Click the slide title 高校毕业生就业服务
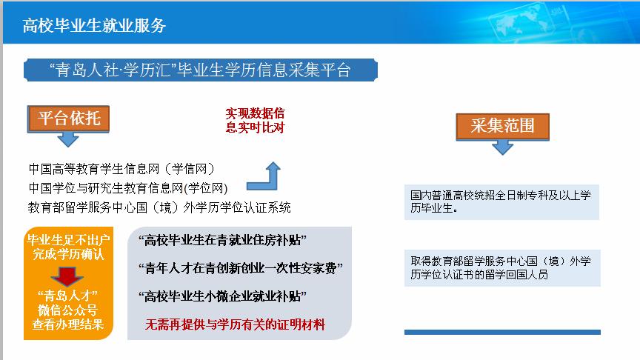(94, 25)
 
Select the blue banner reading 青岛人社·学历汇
(201, 70)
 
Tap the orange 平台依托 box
(69, 119)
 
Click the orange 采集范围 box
(502, 127)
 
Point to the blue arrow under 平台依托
(68, 139)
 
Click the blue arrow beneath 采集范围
(502, 147)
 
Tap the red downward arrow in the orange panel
(67, 276)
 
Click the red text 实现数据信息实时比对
(255, 121)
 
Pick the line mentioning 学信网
(121, 169)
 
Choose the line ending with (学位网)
(128, 187)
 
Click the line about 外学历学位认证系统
(159, 207)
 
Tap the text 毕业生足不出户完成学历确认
(68, 247)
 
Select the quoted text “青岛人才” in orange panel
(67, 295)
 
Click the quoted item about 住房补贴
(222, 240)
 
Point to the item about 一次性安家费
(241, 268)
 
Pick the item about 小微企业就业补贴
(222, 296)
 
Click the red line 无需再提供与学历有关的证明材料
(235, 325)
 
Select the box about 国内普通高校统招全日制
(501, 202)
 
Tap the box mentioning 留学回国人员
(502, 267)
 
